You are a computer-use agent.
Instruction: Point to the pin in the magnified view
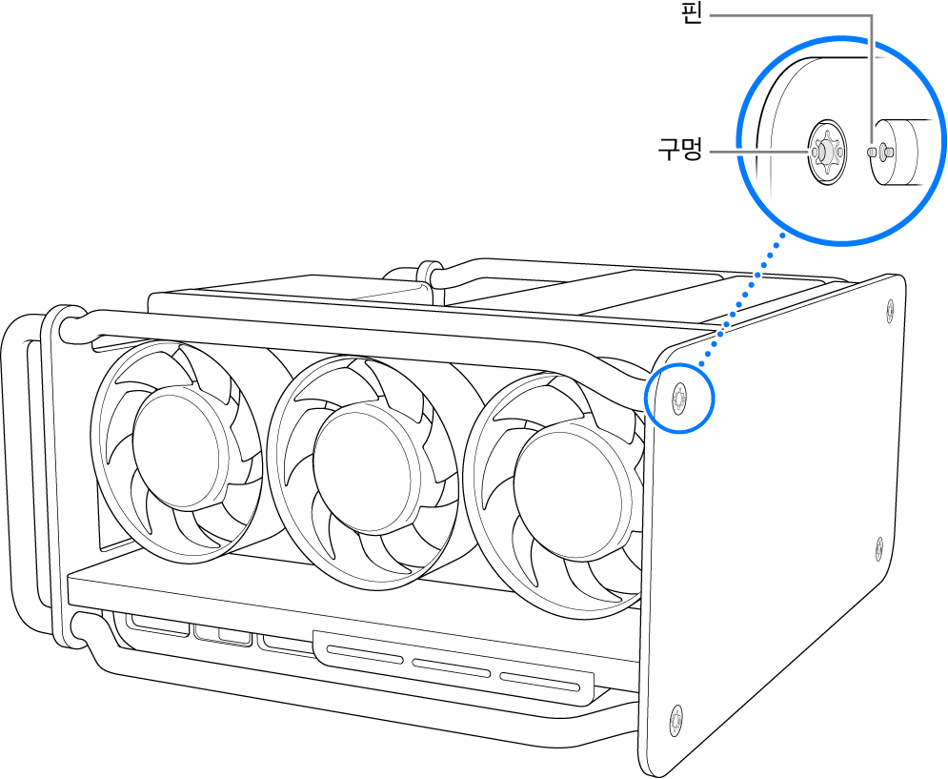tap(884, 151)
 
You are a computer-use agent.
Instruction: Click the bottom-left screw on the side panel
tap(676, 718)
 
